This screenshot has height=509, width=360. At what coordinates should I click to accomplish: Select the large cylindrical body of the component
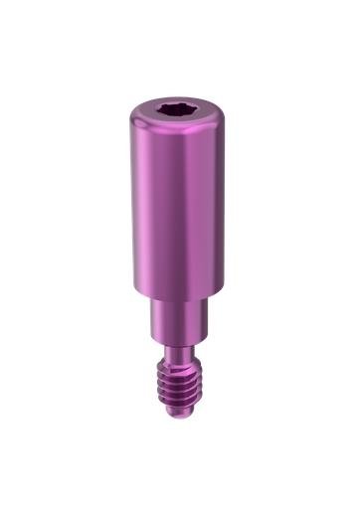[x=179, y=199]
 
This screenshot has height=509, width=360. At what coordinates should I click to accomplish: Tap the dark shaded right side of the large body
[x=213, y=199]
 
